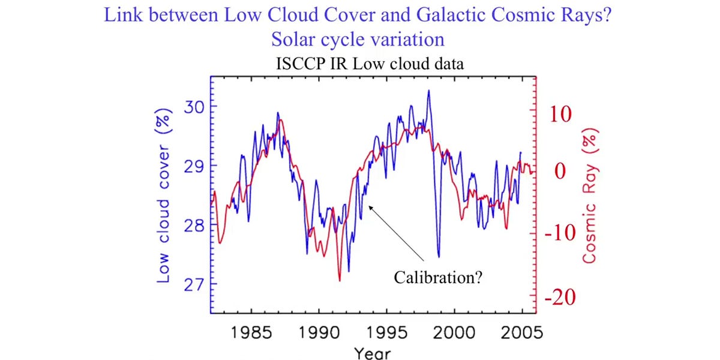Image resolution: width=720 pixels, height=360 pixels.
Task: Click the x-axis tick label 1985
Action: point(250,332)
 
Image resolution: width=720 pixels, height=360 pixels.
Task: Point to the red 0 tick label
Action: point(559,172)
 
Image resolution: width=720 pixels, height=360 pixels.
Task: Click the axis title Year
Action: point(371,352)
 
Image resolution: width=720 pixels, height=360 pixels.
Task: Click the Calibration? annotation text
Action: point(439,278)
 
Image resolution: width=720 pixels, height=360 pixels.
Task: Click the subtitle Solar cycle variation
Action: point(358,40)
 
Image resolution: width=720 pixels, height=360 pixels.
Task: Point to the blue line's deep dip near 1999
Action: point(439,255)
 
